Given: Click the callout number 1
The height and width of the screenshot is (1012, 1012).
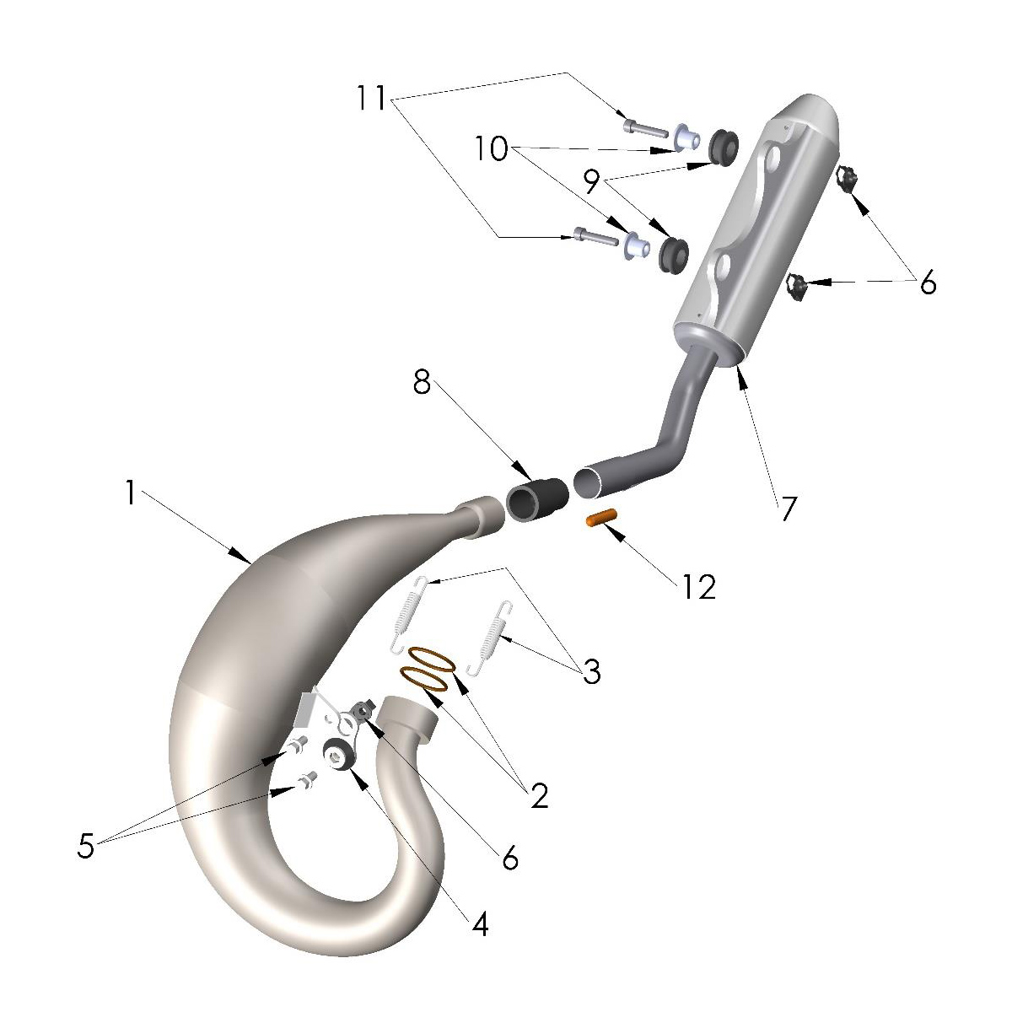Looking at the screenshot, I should coord(130,493).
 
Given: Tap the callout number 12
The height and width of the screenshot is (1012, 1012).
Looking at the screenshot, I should coord(699,586).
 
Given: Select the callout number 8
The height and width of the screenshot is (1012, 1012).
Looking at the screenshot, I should coord(422,385).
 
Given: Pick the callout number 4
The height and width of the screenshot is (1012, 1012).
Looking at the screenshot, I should coord(480,925).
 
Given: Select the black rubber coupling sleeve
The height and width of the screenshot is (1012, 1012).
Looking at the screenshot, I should coord(536,497).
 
